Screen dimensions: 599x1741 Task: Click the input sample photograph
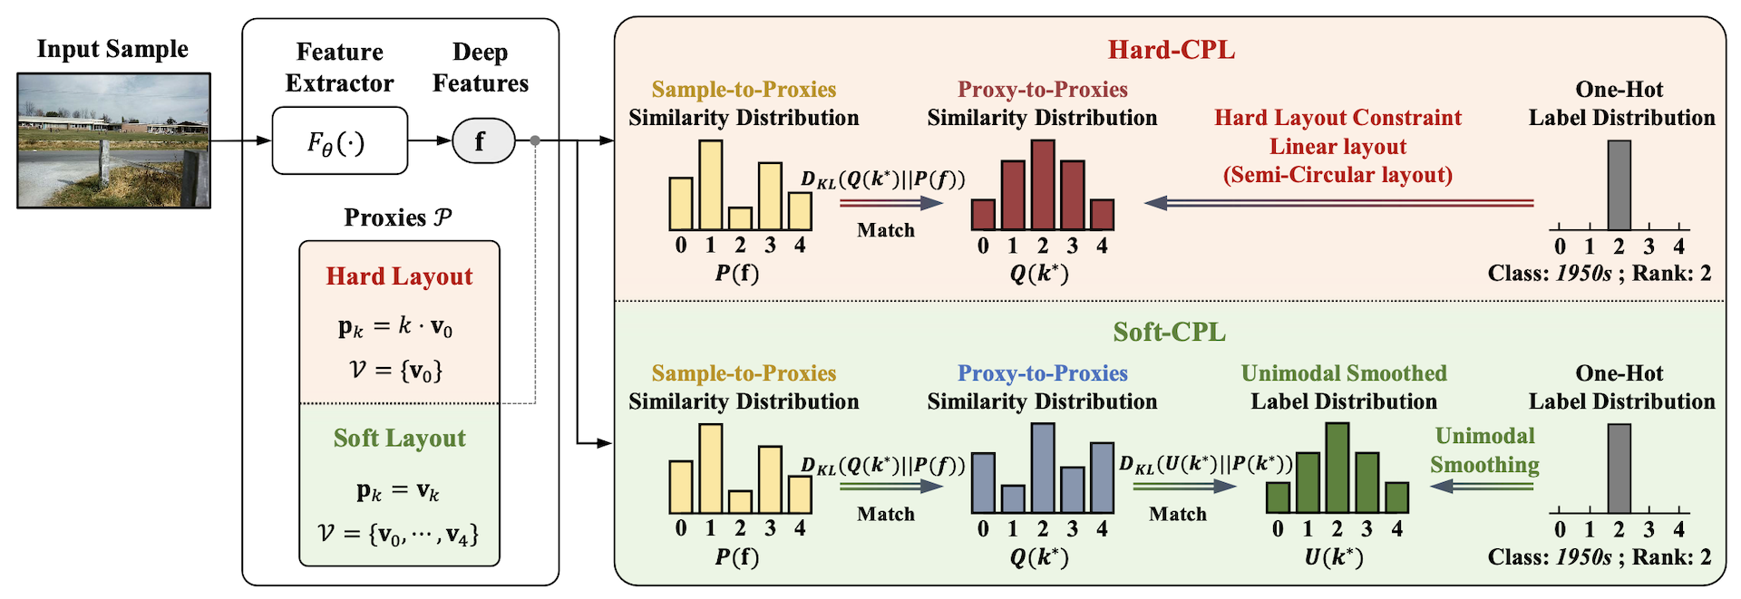tap(113, 140)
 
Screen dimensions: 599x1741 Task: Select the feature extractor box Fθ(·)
tap(340, 140)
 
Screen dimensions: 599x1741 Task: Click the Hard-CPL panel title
tap(1171, 50)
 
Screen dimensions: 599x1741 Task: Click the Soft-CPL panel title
tap(1169, 333)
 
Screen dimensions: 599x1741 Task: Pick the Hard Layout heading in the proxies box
tap(399, 276)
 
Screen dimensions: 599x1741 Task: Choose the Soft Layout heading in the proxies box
tap(399, 439)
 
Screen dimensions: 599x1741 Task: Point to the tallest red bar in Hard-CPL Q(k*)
tap(1043, 185)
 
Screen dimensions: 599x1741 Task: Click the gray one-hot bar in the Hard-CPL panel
tap(1619, 185)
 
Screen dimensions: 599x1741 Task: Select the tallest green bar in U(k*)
tap(1337, 469)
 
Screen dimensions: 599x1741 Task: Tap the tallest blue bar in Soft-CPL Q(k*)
tap(1043, 469)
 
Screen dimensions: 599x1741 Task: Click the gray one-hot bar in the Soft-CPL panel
tap(1619, 469)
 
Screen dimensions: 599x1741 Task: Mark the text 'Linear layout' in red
tap(1337, 147)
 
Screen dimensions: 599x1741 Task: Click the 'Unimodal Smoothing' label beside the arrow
tap(1484, 450)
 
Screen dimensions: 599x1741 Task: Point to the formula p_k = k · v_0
tap(395, 326)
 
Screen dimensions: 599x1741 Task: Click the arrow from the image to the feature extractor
tap(240, 140)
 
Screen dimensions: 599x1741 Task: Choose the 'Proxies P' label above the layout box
tap(397, 217)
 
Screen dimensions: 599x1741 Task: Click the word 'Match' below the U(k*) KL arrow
tap(1178, 515)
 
